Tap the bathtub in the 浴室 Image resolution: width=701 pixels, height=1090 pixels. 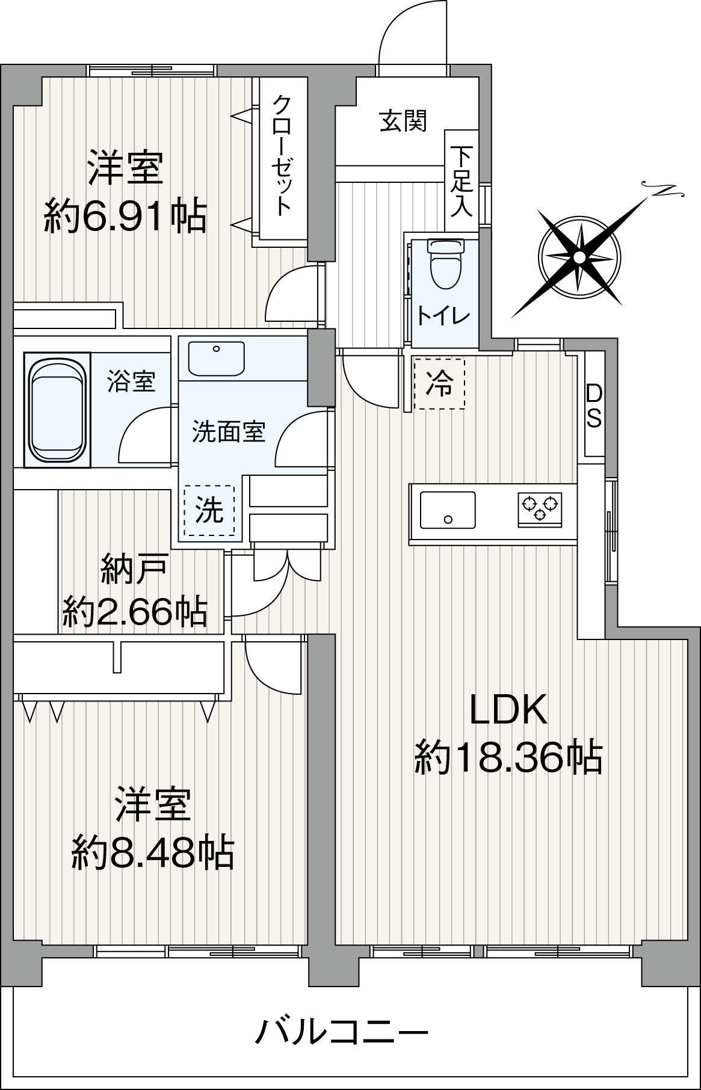pos(57,410)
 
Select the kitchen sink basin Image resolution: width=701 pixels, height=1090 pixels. pos(447,510)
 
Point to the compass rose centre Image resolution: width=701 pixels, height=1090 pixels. pos(579,257)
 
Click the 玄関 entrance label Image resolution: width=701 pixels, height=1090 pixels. pos(403,122)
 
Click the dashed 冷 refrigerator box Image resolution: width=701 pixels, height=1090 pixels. pos(440,384)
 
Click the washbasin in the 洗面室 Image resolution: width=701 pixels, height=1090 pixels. pos(216,357)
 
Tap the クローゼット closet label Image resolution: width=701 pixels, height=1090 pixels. pos(282,155)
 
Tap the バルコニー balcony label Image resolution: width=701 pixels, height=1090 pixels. pos(342,1033)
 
